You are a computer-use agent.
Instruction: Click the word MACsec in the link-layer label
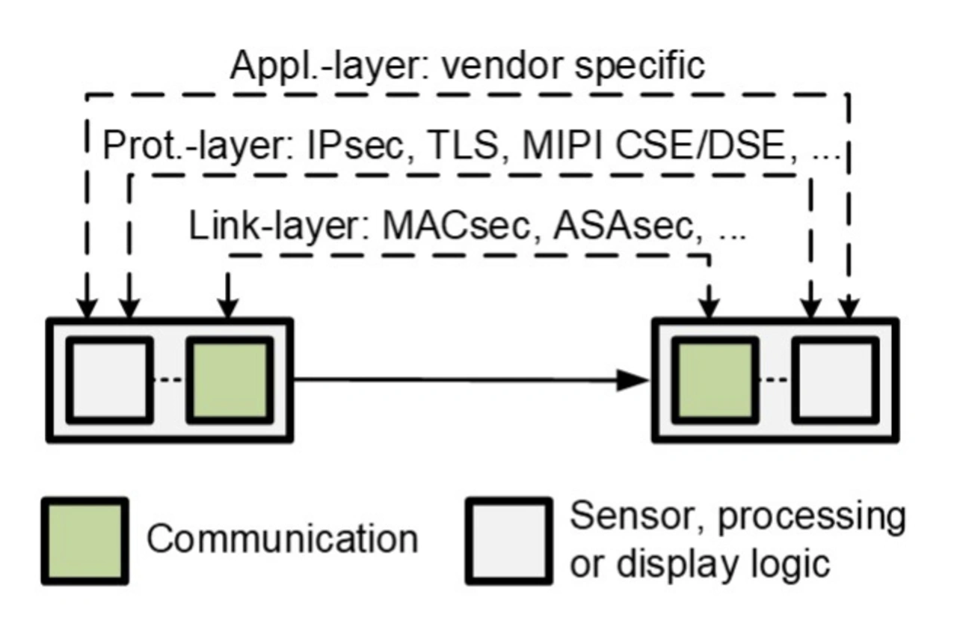point(455,227)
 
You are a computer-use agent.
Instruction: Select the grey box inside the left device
point(110,379)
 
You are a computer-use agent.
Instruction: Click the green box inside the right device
point(716,379)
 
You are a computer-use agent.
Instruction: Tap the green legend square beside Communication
point(84,540)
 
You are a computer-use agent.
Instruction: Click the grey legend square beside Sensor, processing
point(509,540)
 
